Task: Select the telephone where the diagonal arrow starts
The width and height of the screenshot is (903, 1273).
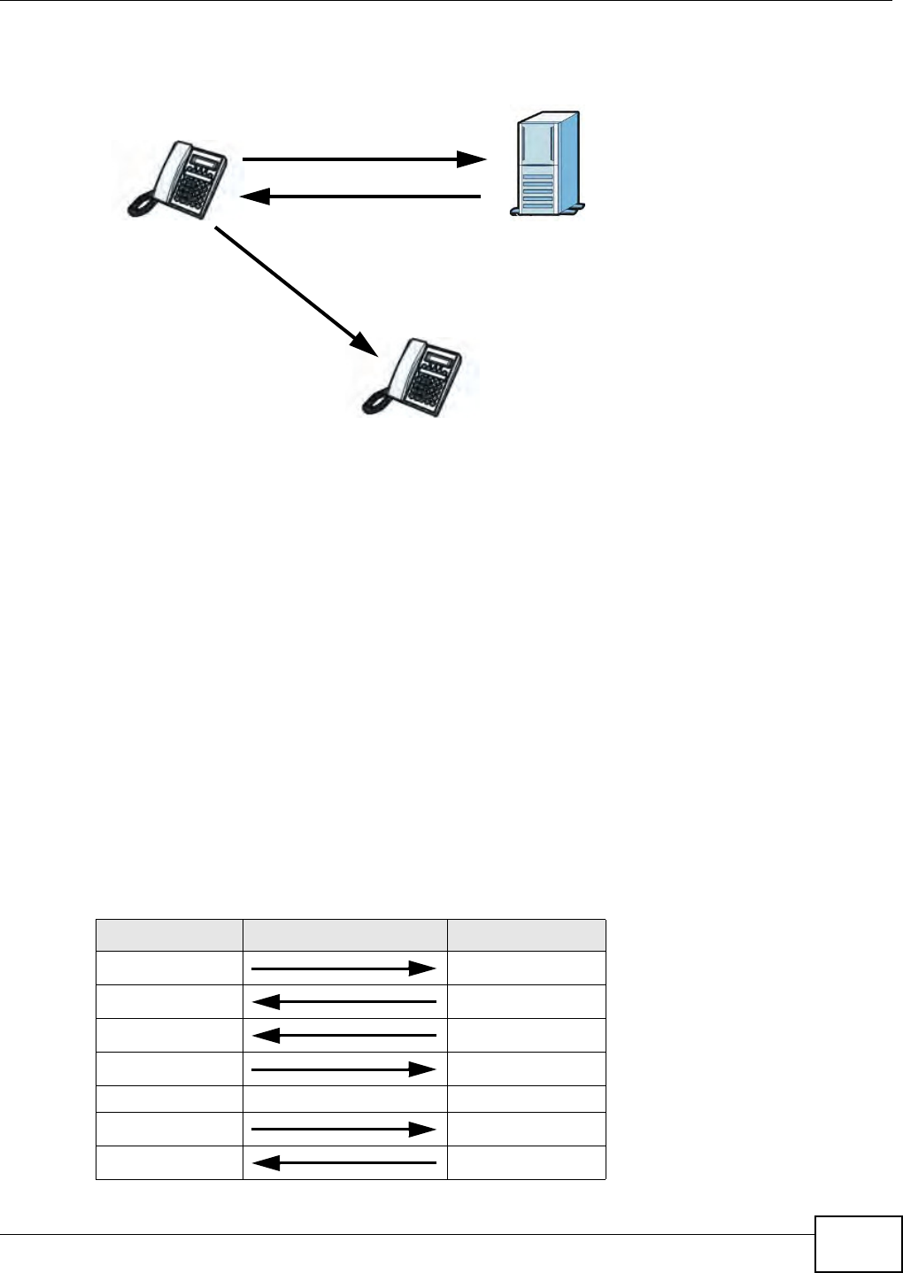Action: [x=177, y=178]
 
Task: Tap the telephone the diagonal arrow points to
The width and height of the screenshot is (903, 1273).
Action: [x=414, y=376]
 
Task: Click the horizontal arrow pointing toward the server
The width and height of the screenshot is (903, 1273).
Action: [x=363, y=160]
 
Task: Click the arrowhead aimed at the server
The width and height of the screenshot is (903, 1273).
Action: [x=472, y=160]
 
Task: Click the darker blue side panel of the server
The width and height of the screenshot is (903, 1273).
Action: [x=567, y=159]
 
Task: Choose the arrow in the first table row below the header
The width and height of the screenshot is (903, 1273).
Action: [x=343, y=968]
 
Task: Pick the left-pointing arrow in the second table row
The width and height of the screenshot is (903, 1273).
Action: [x=343, y=1002]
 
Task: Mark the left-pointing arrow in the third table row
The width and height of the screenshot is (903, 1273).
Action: [x=343, y=1035]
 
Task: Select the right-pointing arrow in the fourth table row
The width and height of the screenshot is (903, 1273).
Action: [x=343, y=1069]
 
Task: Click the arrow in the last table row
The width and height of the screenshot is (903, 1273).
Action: [x=343, y=1163]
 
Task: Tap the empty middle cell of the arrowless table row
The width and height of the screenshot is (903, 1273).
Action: [x=344, y=1099]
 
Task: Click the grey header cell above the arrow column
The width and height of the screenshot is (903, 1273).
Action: [x=344, y=935]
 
